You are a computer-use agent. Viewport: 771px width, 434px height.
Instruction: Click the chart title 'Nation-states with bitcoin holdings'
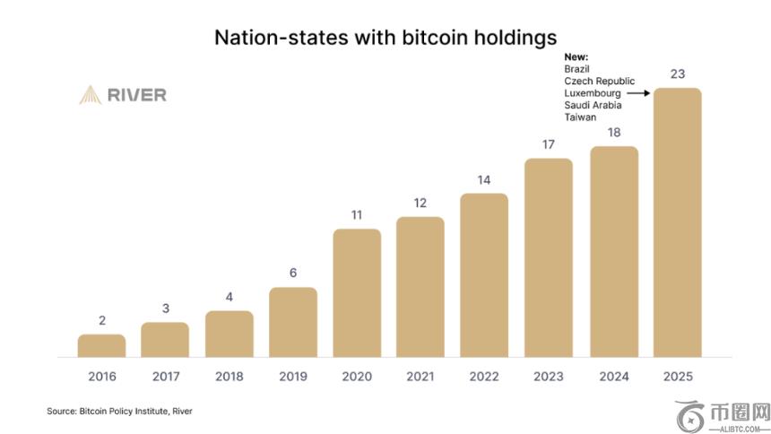pos(385,37)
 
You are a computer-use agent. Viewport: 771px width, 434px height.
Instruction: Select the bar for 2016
pos(101,346)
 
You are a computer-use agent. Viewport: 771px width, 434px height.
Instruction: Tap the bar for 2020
pos(357,293)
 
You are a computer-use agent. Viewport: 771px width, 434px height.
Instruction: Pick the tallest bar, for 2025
pos(677,222)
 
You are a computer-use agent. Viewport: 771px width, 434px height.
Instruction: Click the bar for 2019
pos(293,323)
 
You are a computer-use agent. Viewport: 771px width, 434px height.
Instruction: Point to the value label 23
pos(677,74)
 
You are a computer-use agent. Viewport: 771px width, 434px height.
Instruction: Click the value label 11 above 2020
pos(357,215)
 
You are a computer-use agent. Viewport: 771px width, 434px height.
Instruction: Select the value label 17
pos(549,144)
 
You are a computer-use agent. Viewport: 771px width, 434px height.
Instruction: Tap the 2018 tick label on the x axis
pos(229,377)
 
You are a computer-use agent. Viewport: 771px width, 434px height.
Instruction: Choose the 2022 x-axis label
pos(484,377)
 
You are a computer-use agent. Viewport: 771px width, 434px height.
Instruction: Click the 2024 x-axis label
pos(613,377)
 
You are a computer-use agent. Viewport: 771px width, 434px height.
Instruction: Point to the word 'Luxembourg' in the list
pos(593,93)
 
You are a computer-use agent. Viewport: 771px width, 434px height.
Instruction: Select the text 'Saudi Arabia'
pos(593,105)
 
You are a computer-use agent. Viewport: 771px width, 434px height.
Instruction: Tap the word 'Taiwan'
pos(580,117)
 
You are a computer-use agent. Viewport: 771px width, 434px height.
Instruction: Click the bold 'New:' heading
pos(576,57)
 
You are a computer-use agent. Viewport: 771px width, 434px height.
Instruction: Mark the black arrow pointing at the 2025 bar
pos(637,93)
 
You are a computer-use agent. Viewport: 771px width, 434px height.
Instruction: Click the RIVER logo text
pos(136,95)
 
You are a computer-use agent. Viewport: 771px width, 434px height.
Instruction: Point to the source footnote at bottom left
pos(119,412)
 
